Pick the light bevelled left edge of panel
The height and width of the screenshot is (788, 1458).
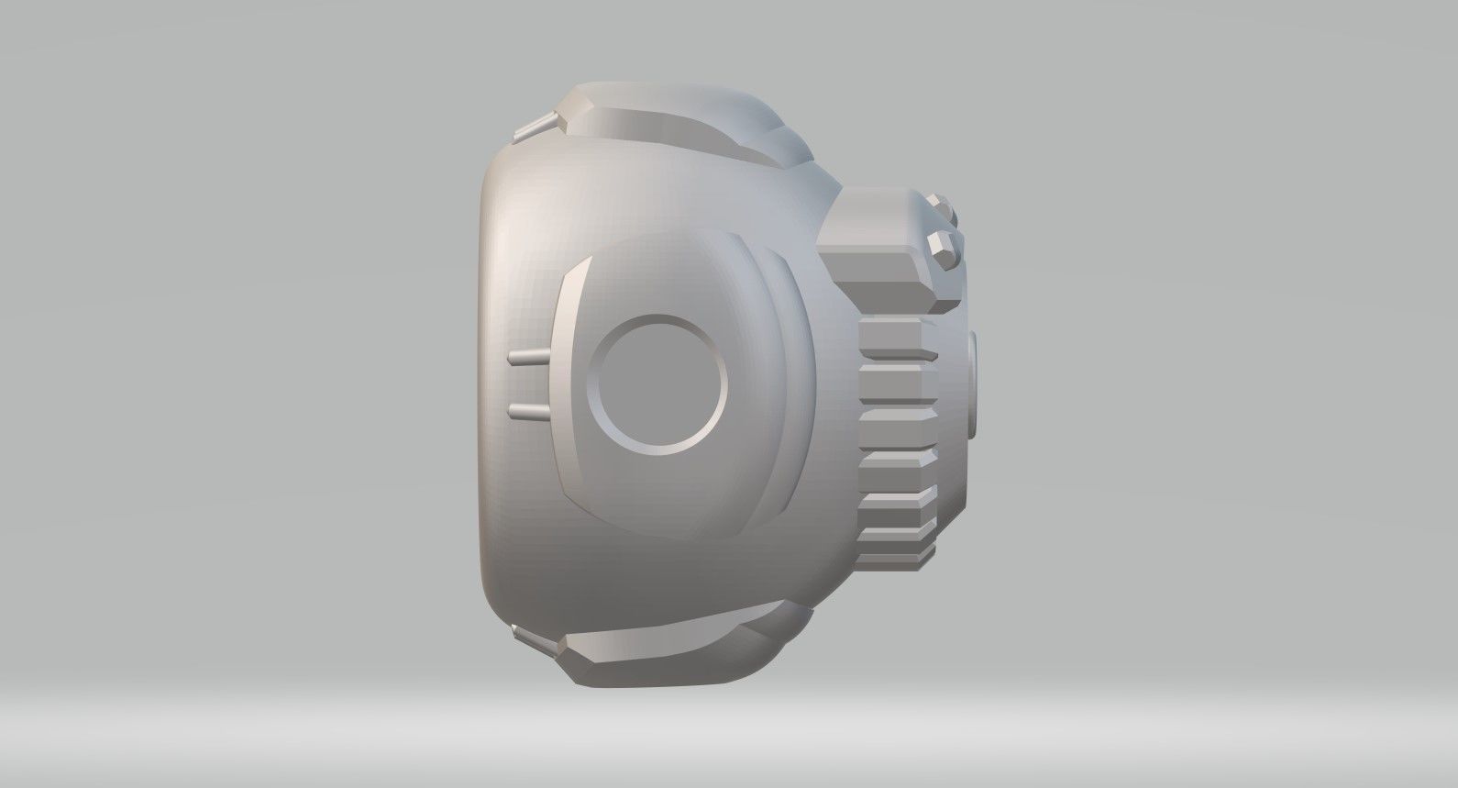[565, 385]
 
